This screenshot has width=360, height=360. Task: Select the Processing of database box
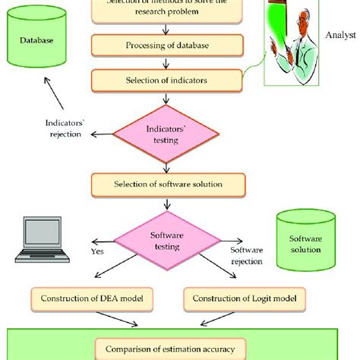pos(168,45)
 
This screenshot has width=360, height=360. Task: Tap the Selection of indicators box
pos(168,78)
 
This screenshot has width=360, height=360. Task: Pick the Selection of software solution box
pos(168,184)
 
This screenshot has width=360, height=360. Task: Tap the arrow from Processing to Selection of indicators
pos(168,62)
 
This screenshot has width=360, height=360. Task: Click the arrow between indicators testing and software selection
pos(168,164)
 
